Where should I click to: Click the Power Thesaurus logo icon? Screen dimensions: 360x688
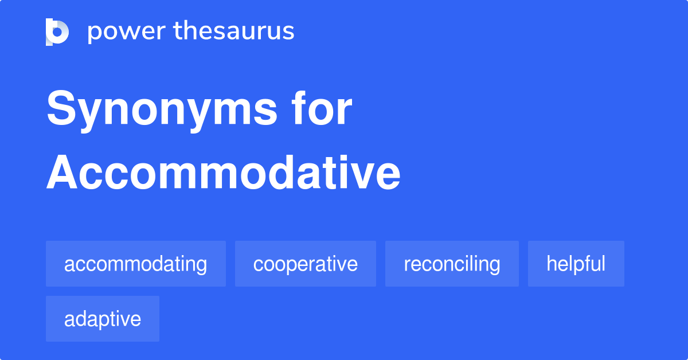57,32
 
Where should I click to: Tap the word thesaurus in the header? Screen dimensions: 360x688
234,32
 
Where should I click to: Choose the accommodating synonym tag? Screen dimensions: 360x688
136,264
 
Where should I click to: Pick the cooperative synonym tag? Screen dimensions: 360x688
306,264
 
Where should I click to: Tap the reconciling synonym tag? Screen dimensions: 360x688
452,264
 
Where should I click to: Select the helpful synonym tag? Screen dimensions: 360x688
576,264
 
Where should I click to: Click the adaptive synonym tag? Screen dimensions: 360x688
103,319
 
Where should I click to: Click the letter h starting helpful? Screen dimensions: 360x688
551,263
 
